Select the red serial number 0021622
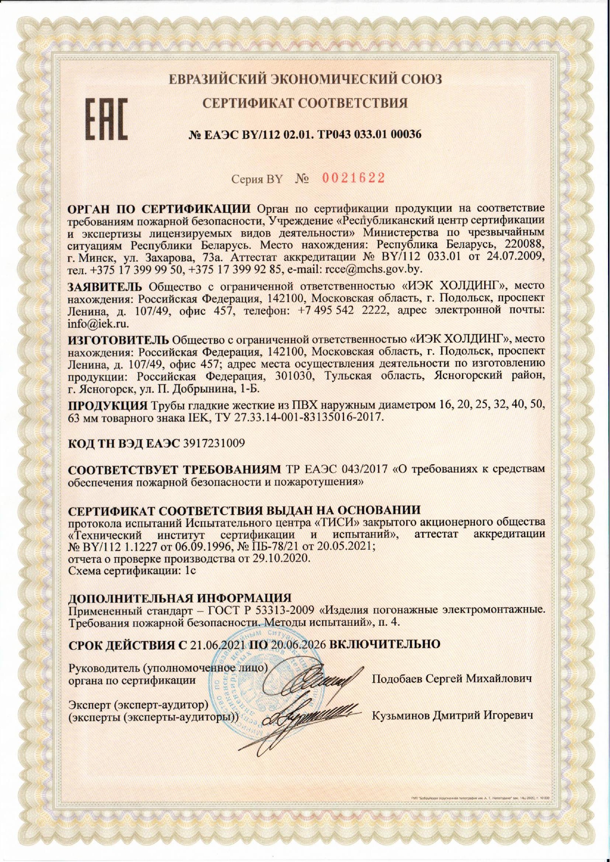(353, 178)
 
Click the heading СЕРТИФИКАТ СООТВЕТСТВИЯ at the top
(305, 103)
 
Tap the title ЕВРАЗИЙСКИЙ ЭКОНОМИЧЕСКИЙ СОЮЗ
(305, 79)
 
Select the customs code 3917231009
(214, 443)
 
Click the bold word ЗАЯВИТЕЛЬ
(105, 286)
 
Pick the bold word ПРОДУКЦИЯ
(108, 406)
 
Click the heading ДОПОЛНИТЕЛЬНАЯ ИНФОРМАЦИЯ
(180, 598)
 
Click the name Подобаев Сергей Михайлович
(452, 679)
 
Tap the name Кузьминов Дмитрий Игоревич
(452, 715)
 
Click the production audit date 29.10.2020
(279, 559)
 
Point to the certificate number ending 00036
(405, 134)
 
